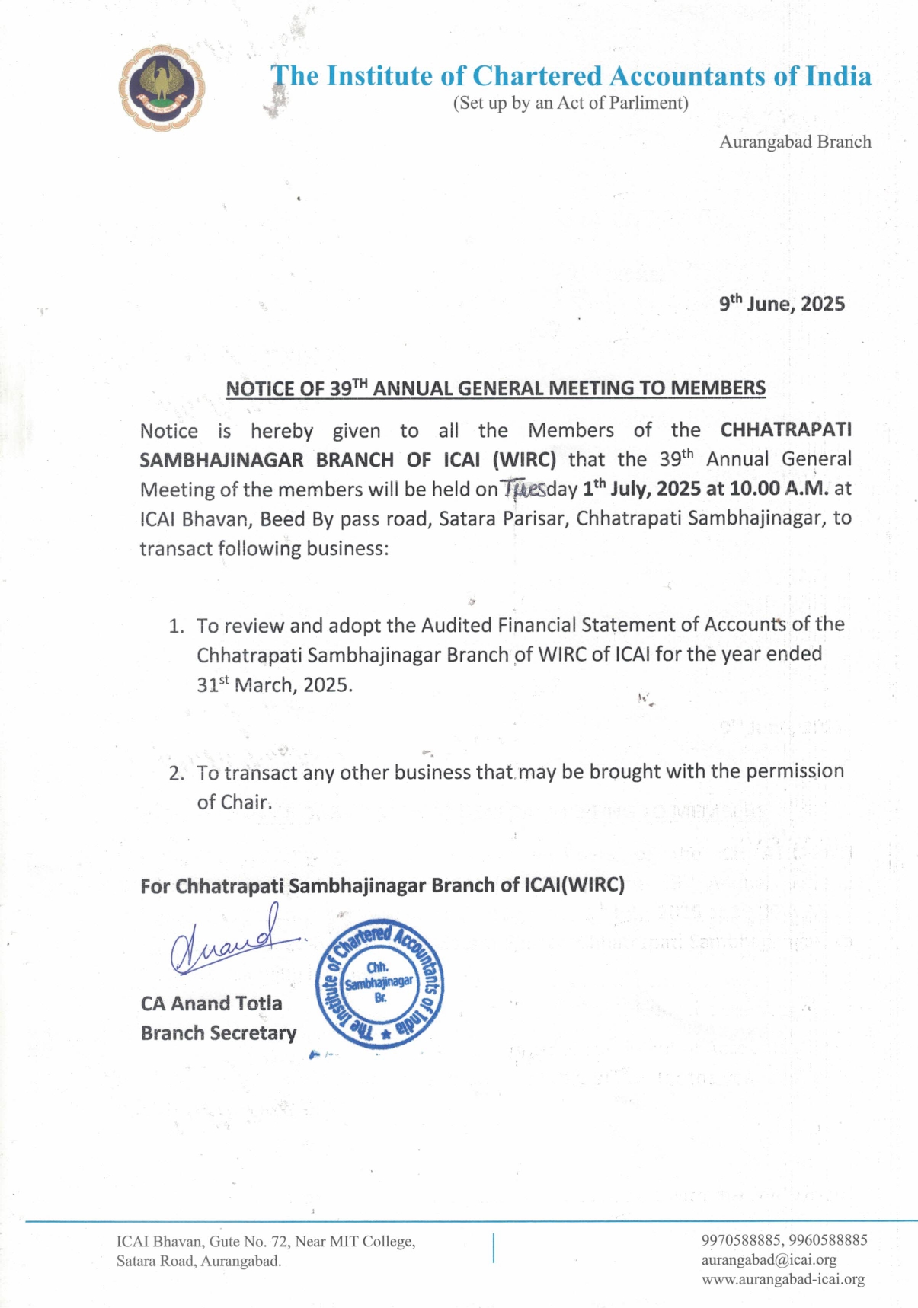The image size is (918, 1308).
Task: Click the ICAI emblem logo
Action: [x=162, y=88]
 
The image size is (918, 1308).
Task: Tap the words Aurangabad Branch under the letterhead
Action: [x=795, y=142]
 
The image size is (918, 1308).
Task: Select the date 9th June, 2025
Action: [x=782, y=304]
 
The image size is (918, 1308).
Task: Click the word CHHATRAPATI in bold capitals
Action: [x=785, y=430]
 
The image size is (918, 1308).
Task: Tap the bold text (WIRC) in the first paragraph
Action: [x=524, y=460]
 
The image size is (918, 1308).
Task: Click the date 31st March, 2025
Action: [x=274, y=684]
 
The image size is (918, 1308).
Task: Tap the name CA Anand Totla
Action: [x=211, y=1003]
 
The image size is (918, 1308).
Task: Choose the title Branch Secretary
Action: [x=219, y=1033]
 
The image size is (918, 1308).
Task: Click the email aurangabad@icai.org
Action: [x=769, y=1260]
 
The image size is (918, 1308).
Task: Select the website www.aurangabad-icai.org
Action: [x=783, y=1280]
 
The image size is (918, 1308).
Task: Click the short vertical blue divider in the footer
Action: [x=494, y=1249]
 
